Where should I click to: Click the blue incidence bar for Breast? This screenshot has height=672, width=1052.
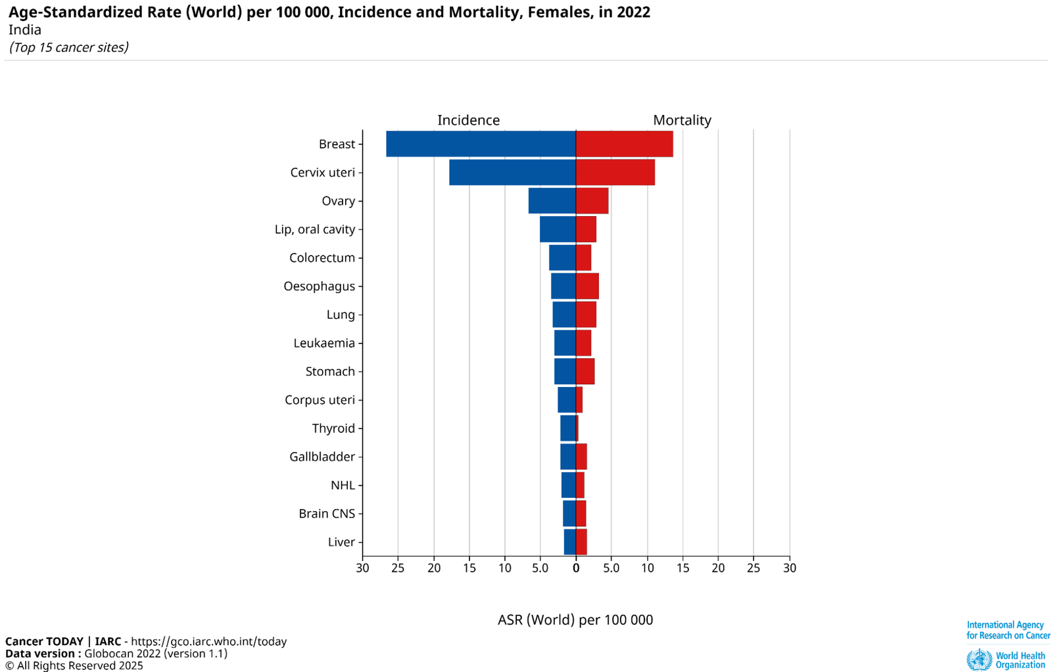(x=481, y=144)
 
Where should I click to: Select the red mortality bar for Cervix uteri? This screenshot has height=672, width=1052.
(x=615, y=172)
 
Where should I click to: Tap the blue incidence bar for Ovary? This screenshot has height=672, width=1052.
(x=552, y=200)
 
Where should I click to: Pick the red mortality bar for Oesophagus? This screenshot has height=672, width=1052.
(x=587, y=286)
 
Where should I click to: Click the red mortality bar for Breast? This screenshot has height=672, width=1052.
(x=624, y=144)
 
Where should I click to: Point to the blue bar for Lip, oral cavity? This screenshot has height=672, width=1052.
(x=558, y=229)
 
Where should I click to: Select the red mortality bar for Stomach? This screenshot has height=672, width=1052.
(x=585, y=371)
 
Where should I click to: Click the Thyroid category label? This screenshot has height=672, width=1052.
(x=333, y=428)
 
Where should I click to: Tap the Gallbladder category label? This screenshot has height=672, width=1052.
(x=322, y=457)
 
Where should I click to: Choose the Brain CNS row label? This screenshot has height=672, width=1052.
(x=327, y=514)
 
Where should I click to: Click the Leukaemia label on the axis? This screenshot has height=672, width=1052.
(x=324, y=343)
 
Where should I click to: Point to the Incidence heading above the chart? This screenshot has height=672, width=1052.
(x=468, y=120)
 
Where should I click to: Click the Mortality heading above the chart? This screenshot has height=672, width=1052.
(x=682, y=120)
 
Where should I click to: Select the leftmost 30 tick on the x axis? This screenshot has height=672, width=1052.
(x=362, y=568)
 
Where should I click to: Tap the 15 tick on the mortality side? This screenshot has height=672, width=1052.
(x=683, y=568)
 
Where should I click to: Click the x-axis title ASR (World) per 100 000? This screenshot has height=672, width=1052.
(x=575, y=620)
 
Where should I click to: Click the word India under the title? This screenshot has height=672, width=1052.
(x=25, y=30)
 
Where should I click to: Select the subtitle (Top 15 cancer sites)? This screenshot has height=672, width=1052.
(x=68, y=47)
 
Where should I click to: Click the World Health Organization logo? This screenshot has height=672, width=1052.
(x=1006, y=660)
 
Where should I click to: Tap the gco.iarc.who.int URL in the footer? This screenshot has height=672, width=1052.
(x=209, y=642)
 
